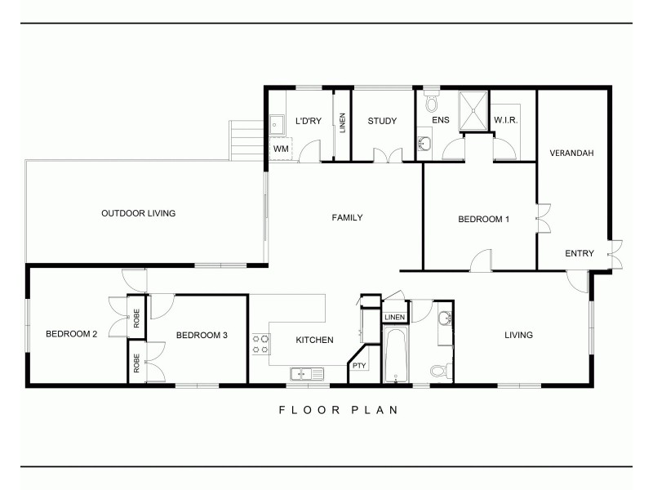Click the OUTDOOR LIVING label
point(138,214)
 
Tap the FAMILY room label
point(347,217)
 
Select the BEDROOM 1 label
point(483,219)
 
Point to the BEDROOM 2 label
point(72,334)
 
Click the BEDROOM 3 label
point(202,335)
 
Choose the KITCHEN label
point(313,340)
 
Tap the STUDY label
point(381,122)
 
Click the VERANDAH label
point(571,154)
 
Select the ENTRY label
point(580,253)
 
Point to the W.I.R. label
point(506,122)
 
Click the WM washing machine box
point(280,149)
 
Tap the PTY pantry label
point(358,366)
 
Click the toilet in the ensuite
point(432,104)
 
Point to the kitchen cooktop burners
point(260,343)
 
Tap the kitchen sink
point(305,374)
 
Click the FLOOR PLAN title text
point(337,410)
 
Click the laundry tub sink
point(278,124)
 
